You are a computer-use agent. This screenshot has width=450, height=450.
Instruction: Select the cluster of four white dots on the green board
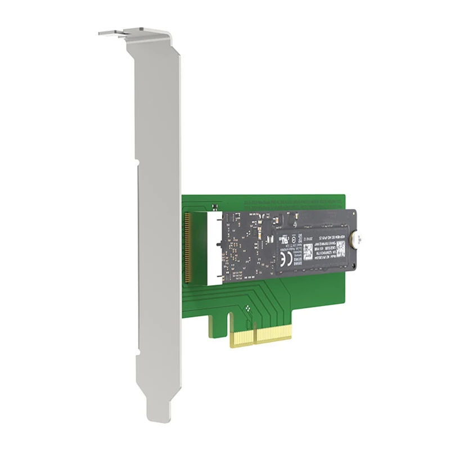pyautogui.click(x=249, y=309)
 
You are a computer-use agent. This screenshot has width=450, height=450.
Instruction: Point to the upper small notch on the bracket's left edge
pyautogui.click(x=138, y=164)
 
